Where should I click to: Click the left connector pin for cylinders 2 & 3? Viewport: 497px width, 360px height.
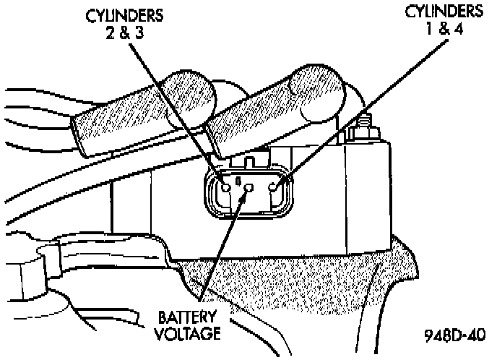(227, 187)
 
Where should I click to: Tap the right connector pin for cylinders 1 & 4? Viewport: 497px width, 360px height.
(275, 187)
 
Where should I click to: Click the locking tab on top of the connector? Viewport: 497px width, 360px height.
(250, 162)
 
